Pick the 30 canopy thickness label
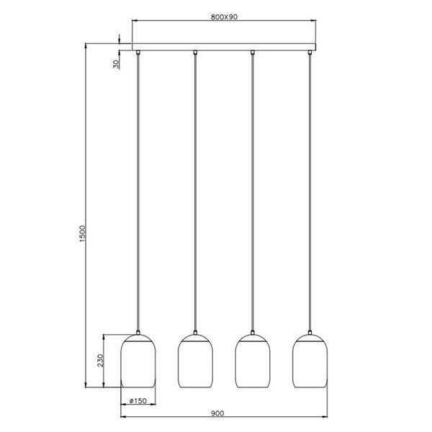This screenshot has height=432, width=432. click(116, 64)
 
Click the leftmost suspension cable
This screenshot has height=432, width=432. click(137, 194)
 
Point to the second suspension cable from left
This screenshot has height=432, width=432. click(195, 194)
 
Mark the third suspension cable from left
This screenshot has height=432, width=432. click(252, 194)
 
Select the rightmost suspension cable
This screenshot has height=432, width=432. click(310, 194)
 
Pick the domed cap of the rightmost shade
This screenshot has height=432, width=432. click(310, 336)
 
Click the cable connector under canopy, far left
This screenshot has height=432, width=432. click(137, 53)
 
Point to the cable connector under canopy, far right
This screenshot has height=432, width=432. click(310, 53)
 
